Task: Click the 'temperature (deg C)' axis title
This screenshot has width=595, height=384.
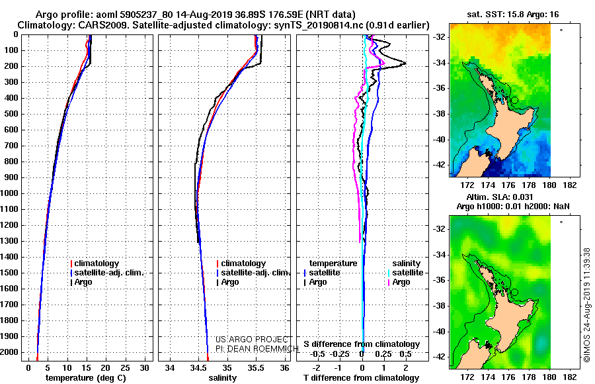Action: [86, 378]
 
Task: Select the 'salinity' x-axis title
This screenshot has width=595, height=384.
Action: [223, 378]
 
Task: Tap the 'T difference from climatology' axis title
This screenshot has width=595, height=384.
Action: [361, 378]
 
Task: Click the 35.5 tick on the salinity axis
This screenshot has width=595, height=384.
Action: [256, 368]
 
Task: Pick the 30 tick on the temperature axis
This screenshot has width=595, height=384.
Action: [145, 368]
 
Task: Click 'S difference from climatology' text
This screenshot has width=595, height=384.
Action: [362, 344]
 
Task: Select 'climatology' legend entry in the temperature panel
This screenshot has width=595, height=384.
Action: [95, 264]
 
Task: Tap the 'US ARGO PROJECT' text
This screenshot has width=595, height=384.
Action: [252, 340]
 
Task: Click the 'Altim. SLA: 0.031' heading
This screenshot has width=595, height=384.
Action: [499, 197]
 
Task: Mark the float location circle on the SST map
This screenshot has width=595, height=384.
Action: [514, 101]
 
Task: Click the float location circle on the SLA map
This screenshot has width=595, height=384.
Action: [514, 293]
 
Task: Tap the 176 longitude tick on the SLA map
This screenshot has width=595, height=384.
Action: [508, 377]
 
